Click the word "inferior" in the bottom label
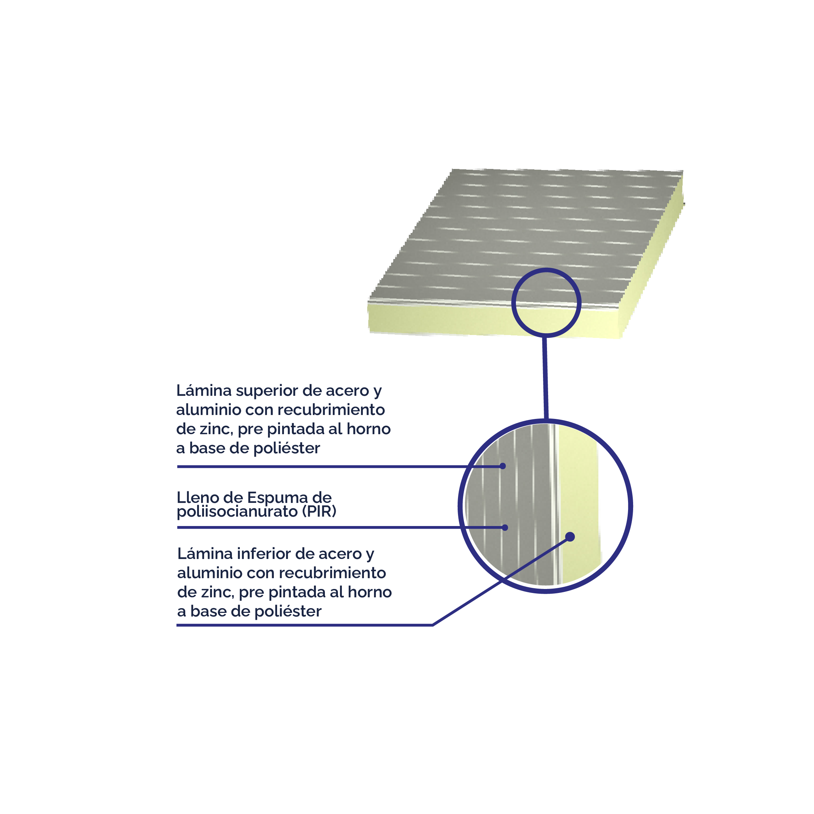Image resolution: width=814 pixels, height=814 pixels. click(264, 554)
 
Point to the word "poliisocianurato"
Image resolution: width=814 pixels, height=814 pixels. click(237, 512)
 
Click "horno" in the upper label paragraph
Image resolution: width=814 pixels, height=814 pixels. click(369, 429)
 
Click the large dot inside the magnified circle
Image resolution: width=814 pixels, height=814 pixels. click(570, 537)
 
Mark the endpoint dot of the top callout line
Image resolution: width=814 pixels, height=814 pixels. click(503, 466)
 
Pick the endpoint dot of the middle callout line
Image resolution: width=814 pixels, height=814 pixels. click(505, 527)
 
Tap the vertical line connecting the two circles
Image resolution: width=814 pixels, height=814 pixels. click(545, 378)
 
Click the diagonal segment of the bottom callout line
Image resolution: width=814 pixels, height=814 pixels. click(501, 581)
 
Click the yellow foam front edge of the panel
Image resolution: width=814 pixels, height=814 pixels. click(493, 322)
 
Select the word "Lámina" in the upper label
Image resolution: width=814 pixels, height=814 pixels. click(204, 391)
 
